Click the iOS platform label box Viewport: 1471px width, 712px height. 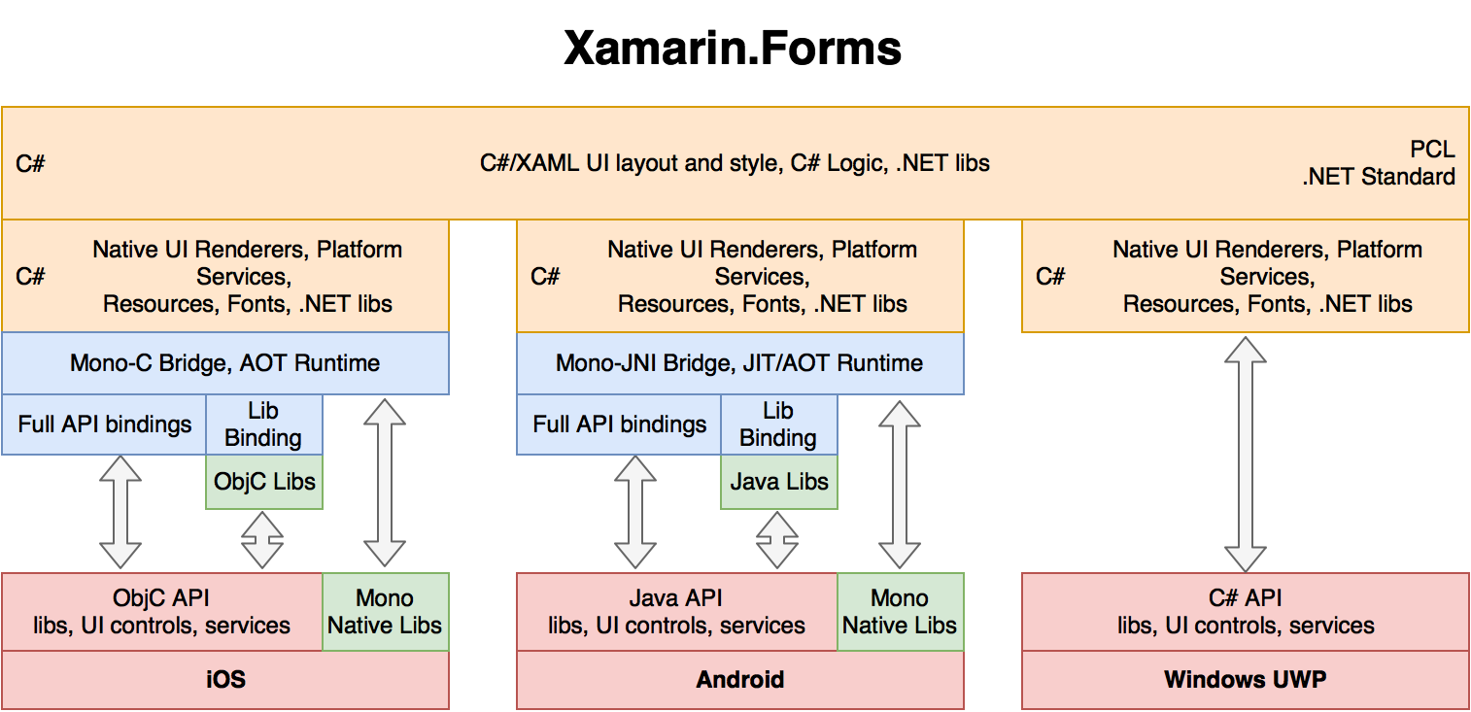[x=225, y=679]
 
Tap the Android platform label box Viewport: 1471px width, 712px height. [x=739, y=679]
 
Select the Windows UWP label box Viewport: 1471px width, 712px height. [x=1245, y=679]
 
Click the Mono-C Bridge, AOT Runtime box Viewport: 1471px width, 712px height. [x=225, y=363]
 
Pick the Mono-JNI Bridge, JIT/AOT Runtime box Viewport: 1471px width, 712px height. [x=739, y=363]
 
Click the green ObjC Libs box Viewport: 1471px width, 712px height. [x=264, y=482]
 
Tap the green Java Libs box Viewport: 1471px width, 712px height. [x=778, y=482]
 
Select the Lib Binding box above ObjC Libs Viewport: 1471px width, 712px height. [x=263, y=424]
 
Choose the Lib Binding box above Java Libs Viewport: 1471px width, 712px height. [x=777, y=424]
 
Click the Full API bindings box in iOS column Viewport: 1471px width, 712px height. [x=104, y=424]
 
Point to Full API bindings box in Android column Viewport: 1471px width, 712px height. [x=619, y=424]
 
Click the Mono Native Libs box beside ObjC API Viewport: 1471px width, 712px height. [x=385, y=612]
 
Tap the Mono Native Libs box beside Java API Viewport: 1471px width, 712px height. [x=900, y=612]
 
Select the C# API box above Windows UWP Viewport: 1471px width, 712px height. [x=1245, y=612]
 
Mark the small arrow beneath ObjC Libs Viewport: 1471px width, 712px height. [x=262, y=540]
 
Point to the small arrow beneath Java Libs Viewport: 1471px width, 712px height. [x=777, y=540]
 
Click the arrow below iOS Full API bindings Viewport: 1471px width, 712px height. [x=120, y=512]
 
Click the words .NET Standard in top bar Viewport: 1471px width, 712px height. [x=1380, y=177]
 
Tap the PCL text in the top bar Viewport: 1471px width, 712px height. [x=1432, y=149]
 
